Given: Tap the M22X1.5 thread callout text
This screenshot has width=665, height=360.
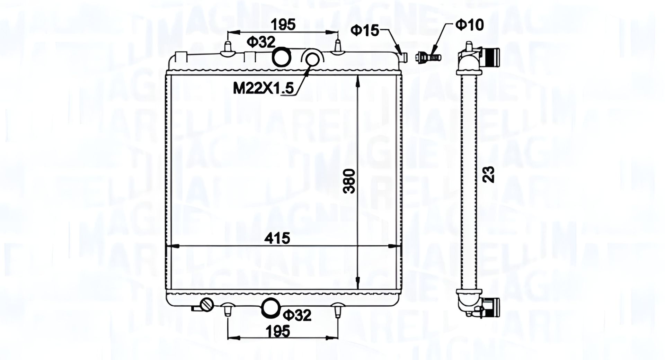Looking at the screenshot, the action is pyautogui.click(x=263, y=88).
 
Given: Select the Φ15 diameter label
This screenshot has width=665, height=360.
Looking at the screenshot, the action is pyautogui.click(x=365, y=30).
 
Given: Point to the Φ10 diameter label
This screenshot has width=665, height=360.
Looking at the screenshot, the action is pyautogui.click(x=469, y=25).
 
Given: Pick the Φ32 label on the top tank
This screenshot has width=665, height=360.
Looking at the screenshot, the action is pyautogui.click(x=261, y=42).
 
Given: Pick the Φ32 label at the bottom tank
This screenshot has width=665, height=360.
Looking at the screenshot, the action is pyautogui.click(x=297, y=315).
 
